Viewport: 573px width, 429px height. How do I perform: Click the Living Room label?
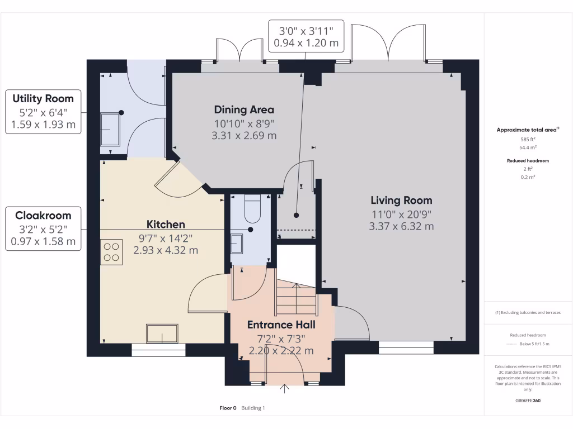coord(401,200)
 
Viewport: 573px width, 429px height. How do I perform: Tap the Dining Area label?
coord(244,109)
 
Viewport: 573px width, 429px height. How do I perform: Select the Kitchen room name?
coord(166,225)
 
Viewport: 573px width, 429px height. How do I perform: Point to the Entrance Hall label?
coord(281,325)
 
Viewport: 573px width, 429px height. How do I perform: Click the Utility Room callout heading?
coord(43,99)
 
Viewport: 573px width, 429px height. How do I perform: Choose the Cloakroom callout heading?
coord(43,215)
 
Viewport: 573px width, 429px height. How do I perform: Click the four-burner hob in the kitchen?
coord(112,251)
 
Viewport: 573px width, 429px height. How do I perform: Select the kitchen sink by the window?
coord(162,333)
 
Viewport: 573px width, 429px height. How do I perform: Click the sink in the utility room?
coord(110,129)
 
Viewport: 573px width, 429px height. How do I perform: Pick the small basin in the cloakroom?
coord(237,244)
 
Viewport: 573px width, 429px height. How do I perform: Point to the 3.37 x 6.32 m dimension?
coord(401,226)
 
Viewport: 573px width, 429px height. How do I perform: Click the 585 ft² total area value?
coord(528,139)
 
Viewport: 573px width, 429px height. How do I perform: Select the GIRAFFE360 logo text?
coord(528,401)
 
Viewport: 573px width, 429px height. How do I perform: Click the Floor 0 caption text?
coord(228,408)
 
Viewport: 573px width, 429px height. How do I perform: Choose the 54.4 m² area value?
coord(528,148)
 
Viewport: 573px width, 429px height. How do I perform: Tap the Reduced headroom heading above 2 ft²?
coord(528,161)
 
